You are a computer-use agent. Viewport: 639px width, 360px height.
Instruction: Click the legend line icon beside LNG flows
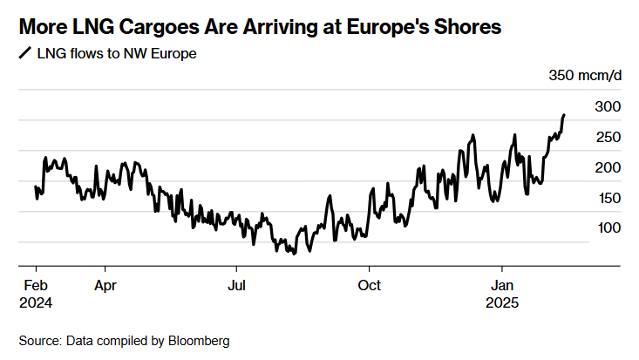pyautogui.click(x=24, y=53)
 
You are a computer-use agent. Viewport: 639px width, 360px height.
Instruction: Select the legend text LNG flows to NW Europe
pyautogui.click(x=116, y=54)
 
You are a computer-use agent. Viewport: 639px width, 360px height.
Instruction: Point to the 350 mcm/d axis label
pyautogui.click(x=585, y=75)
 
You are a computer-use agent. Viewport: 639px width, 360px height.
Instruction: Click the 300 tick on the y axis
pyautogui.click(x=607, y=106)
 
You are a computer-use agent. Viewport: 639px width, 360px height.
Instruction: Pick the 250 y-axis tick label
pyautogui.click(x=607, y=137)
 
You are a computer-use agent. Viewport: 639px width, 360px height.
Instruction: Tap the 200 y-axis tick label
pyautogui.click(x=607, y=167)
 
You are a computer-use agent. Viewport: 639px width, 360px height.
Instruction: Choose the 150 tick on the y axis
pyautogui.click(x=607, y=198)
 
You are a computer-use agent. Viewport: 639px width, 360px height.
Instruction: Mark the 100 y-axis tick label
pyautogui.click(x=607, y=228)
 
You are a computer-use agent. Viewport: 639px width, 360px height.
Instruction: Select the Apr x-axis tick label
pyautogui.click(x=106, y=285)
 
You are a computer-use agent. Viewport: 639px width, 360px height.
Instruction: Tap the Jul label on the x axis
pyautogui.click(x=237, y=285)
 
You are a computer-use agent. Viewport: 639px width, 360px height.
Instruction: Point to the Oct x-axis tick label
pyautogui.click(x=370, y=285)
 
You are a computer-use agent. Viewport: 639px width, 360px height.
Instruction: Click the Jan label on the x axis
pyautogui.click(x=503, y=285)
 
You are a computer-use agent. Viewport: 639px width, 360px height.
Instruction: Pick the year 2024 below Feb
pyautogui.click(x=34, y=303)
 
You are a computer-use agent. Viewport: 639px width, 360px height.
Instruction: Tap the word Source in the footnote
pyautogui.click(x=40, y=341)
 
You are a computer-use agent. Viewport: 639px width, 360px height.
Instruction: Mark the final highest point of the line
pyautogui.click(x=564, y=114)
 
